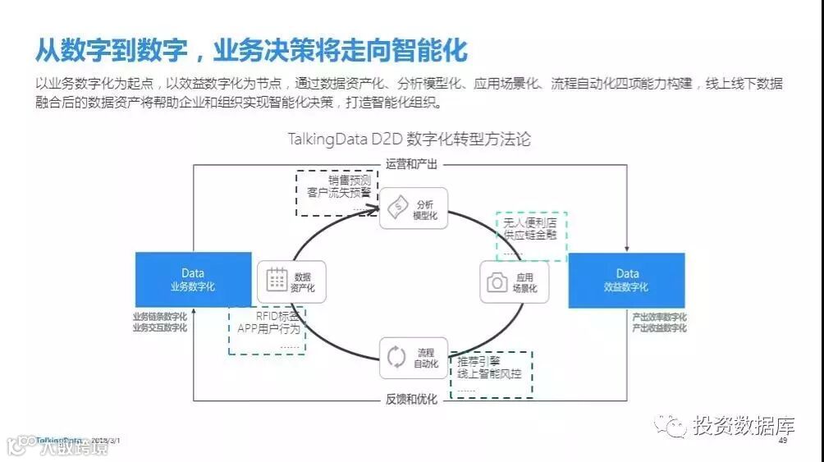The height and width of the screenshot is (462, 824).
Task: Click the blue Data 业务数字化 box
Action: (193, 280)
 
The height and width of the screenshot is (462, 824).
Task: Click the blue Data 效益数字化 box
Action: (627, 280)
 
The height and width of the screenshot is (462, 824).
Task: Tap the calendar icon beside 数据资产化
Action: (277, 280)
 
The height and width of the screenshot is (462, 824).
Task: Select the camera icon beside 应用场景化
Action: (497, 282)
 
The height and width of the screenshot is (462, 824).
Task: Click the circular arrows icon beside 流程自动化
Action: (396, 357)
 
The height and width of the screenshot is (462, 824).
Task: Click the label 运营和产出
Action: (412, 164)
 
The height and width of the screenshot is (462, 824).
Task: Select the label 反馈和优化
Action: (412, 400)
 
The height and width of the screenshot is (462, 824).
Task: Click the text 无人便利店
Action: (531, 223)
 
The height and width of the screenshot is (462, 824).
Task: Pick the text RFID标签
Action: (265, 316)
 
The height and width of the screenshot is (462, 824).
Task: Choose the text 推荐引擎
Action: (479, 361)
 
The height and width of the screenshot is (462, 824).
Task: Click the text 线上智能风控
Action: (490, 374)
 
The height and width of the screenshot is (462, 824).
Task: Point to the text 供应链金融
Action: (531, 236)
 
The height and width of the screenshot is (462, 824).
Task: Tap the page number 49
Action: (782, 441)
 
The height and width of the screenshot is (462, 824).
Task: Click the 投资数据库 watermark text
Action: (744, 425)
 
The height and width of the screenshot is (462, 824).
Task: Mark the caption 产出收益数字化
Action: (659, 328)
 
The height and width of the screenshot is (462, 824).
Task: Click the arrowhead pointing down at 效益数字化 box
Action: (627, 248)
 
